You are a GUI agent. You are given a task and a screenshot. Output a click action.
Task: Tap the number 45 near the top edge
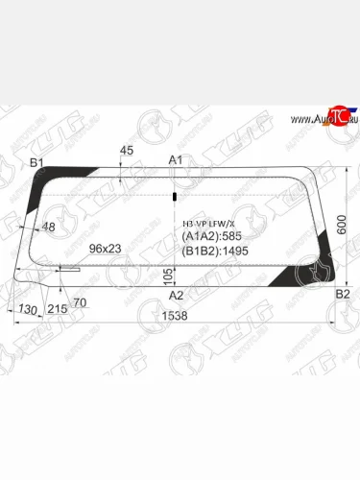[x=127, y=151]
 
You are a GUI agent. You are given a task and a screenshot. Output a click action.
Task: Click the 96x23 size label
[x=106, y=249]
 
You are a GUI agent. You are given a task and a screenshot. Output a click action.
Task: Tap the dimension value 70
[x=80, y=303]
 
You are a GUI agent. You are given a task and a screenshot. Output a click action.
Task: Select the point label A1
[x=176, y=159]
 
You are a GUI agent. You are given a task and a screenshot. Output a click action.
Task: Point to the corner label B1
[x=36, y=164]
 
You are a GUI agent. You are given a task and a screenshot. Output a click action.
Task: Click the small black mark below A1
[x=175, y=196]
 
